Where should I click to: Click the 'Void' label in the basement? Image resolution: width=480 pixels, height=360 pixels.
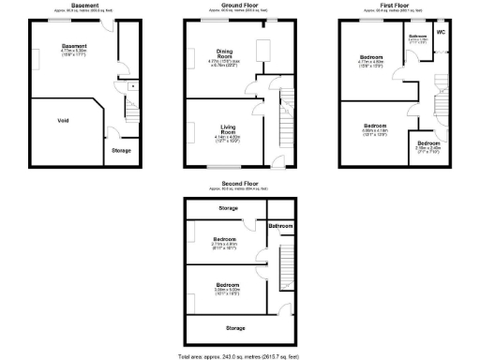pyautogui.click(x=63, y=120)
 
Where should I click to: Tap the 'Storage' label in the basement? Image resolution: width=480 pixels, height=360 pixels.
pyautogui.click(x=121, y=150)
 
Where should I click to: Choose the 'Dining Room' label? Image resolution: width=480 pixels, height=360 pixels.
pyautogui.click(x=225, y=52)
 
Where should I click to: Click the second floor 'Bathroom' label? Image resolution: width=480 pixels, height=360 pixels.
pyautogui.click(x=280, y=226)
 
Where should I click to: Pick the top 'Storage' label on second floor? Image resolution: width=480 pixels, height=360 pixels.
pyautogui.click(x=228, y=207)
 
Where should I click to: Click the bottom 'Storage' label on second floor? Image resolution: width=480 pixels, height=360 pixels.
pyautogui.click(x=235, y=328)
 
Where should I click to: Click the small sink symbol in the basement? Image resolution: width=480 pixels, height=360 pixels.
pyautogui.click(x=133, y=86)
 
